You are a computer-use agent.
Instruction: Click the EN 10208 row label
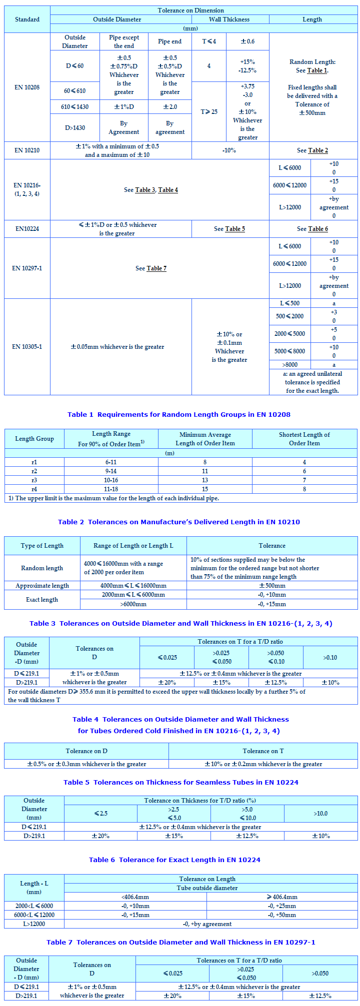click(x=27, y=87)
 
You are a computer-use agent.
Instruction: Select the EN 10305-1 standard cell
click(x=27, y=347)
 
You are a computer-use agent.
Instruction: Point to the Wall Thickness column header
click(x=229, y=19)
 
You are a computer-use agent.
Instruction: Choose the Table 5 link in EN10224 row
click(x=235, y=229)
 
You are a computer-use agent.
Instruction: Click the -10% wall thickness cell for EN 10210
click(x=229, y=150)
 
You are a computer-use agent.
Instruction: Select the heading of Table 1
click(x=179, y=414)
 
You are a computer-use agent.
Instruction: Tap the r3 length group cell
click(x=34, y=480)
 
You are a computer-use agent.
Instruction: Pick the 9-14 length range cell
click(x=111, y=471)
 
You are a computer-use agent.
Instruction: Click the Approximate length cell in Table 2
click(x=42, y=586)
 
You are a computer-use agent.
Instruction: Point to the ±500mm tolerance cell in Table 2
click(x=272, y=586)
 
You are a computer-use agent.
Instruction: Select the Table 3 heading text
click(x=180, y=623)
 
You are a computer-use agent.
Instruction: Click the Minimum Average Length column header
click(x=205, y=439)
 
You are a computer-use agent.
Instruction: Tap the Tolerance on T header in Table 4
click(x=263, y=751)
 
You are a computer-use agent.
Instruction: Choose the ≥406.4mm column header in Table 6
click(x=282, y=897)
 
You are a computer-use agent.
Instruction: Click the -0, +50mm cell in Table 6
click(x=282, y=915)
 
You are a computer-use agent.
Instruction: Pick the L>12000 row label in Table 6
click(x=34, y=924)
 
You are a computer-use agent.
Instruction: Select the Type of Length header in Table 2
click(x=42, y=546)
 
